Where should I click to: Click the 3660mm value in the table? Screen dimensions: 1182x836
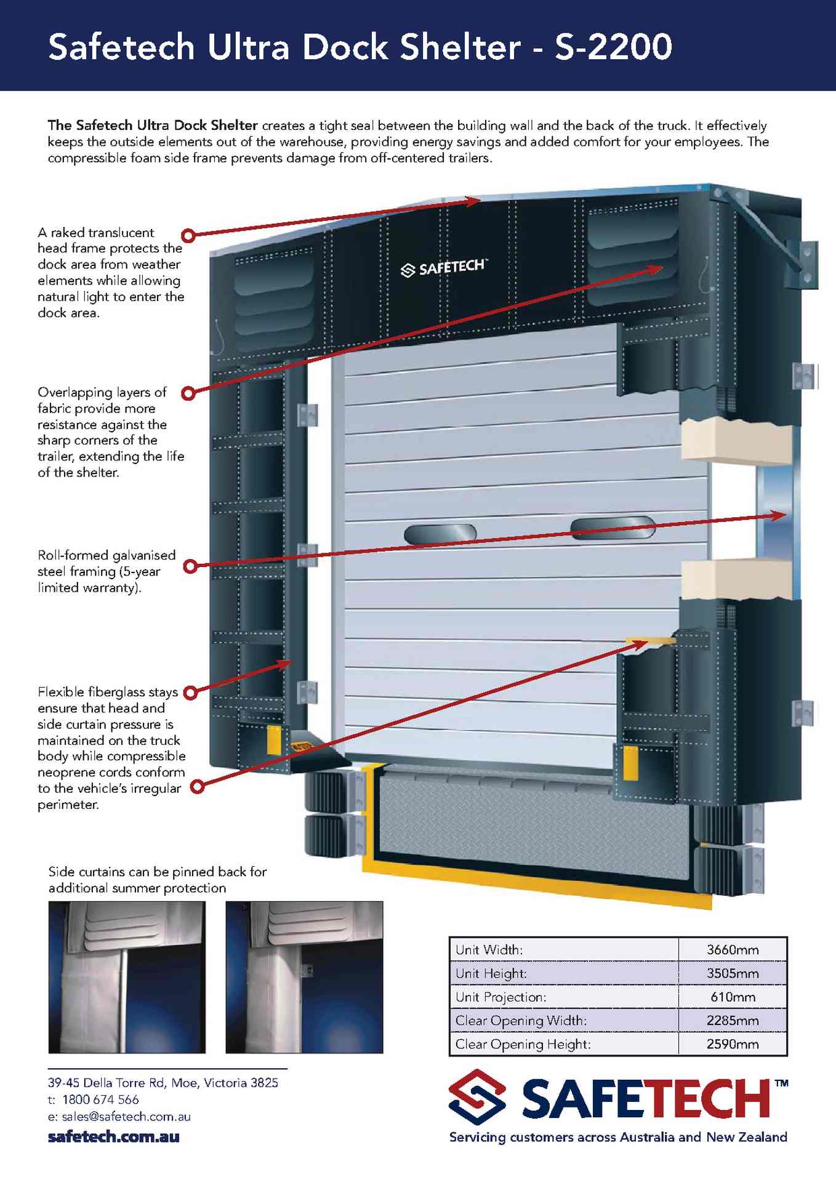point(733,949)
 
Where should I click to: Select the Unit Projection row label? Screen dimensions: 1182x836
point(500,997)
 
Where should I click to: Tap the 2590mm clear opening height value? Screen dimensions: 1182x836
point(733,1044)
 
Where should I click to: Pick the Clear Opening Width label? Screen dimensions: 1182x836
point(521,1021)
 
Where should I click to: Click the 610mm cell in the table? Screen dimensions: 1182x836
point(733,997)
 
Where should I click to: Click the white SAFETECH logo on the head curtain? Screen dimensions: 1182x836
point(443,268)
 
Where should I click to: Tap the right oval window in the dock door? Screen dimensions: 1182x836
point(613,528)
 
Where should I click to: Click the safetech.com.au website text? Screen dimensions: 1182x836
point(113,1136)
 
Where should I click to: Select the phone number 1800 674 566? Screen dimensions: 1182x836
point(100,1100)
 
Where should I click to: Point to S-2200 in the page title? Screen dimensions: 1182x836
point(613,47)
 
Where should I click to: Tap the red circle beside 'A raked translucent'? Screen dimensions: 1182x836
point(188,235)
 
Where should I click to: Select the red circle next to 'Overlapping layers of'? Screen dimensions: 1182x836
point(189,392)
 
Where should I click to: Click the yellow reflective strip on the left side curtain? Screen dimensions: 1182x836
point(273,739)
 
